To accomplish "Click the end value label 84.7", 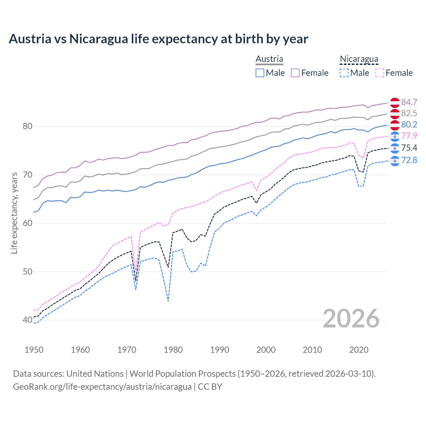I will pyautogui.click(x=409, y=102).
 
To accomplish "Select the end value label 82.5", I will pyautogui.click(x=409, y=113).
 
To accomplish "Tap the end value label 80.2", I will pyautogui.click(x=409, y=124).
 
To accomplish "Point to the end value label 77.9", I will pyautogui.click(x=409, y=136).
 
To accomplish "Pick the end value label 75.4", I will pyautogui.click(x=409, y=148).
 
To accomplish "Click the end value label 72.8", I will pyautogui.click(x=409, y=160).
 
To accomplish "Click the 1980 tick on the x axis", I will pyautogui.click(x=173, y=350).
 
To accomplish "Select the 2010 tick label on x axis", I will pyautogui.click(x=312, y=350).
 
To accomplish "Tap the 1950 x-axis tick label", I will pyautogui.click(x=34, y=350).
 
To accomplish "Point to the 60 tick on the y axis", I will pyautogui.click(x=28, y=223).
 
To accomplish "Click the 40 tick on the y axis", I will pyautogui.click(x=28, y=320).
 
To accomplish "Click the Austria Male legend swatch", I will pyautogui.click(x=260, y=73).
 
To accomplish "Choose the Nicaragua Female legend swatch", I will pyautogui.click(x=380, y=73).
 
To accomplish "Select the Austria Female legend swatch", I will pyautogui.click(x=295, y=73).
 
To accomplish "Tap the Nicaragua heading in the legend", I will pyautogui.click(x=359, y=59).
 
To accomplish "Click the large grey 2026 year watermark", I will pyautogui.click(x=351, y=319).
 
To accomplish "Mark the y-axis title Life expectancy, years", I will pyautogui.click(x=14, y=213).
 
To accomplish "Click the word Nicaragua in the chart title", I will pyautogui.click(x=99, y=39).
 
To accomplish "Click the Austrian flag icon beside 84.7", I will pyautogui.click(x=395, y=103).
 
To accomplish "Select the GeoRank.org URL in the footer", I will pyautogui.click(x=102, y=387).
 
